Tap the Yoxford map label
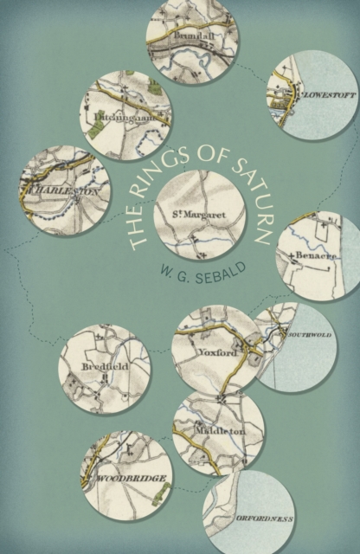[x=219, y=351]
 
